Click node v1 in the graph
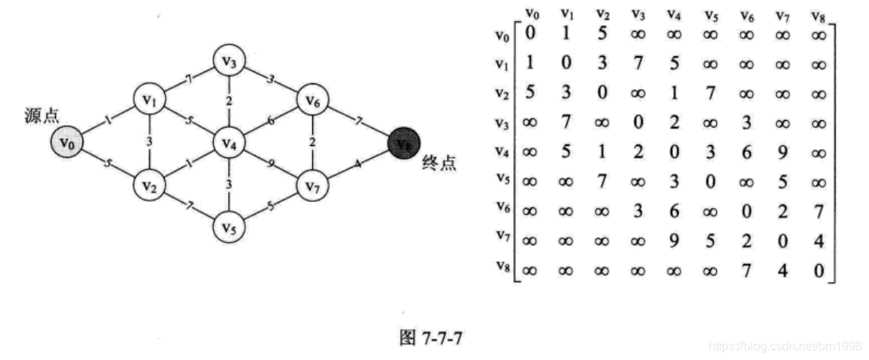point(149,100)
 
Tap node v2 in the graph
point(149,184)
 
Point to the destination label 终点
point(439,164)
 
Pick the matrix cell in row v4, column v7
point(783,153)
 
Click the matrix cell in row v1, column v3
point(637,65)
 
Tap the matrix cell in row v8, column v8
point(818,270)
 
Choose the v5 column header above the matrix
point(710,14)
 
